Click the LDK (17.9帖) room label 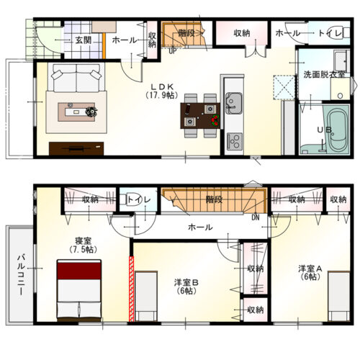[x=162, y=91]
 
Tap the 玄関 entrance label [x=84, y=40]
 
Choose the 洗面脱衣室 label [x=324, y=75]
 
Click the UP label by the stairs [x=172, y=51]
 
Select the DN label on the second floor [x=256, y=217]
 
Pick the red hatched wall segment [x=131, y=289]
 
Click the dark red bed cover [x=79, y=271]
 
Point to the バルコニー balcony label [x=21, y=275]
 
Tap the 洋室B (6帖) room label [x=186, y=287]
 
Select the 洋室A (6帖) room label [x=310, y=273]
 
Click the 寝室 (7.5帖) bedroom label [x=83, y=245]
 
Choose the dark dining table [x=200, y=116]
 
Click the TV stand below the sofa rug [x=76, y=148]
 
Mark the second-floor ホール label [x=200, y=227]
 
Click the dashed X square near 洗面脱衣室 [x=284, y=87]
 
